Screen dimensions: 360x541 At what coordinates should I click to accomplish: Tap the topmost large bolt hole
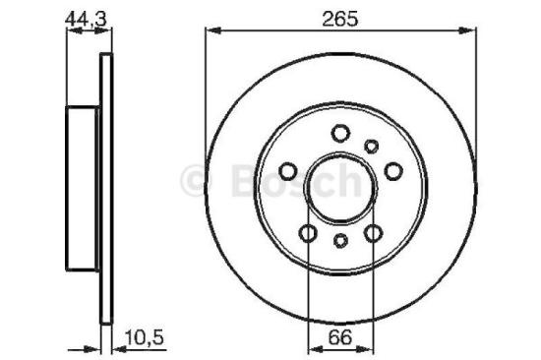(340, 134)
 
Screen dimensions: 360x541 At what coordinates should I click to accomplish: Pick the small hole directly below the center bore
(340, 240)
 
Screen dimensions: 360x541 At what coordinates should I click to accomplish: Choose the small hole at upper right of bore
(372, 147)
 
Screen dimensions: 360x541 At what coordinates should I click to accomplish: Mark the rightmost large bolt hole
(393, 171)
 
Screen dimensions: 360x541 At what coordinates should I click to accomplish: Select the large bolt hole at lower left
(308, 233)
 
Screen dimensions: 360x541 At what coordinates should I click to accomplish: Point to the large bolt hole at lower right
(374, 233)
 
